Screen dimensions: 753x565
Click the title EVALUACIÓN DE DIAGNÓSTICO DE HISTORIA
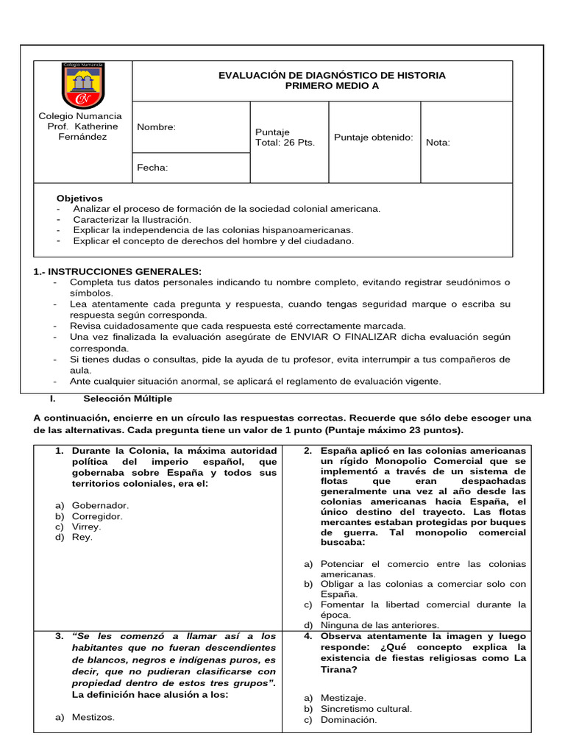click(x=332, y=76)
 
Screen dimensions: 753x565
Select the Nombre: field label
click(x=157, y=127)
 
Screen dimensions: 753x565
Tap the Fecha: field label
click(x=152, y=168)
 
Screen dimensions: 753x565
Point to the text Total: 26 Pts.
click(x=285, y=143)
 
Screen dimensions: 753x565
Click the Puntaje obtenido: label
click(x=374, y=138)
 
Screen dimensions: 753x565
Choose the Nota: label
click(x=438, y=143)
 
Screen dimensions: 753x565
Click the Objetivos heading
click(x=80, y=199)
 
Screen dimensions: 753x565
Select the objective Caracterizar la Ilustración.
click(x=132, y=219)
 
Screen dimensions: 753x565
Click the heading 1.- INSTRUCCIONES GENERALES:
click(x=118, y=271)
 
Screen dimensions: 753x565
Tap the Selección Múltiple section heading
click(x=128, y=399)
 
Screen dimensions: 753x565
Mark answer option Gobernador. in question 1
click(x=100, y=505)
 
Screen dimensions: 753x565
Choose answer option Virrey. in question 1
click(x=87, y=527)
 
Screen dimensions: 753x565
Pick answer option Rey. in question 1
click(x=82, y=537)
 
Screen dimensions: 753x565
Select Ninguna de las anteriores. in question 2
click(x=381, y=625)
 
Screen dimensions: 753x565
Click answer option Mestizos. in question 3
click(x=93, y=717)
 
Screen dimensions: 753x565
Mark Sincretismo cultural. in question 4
click(x=366, y=709)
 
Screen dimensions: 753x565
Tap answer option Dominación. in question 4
click(x=349, y=720)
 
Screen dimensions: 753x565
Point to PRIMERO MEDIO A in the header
click(x=332, y=87)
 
